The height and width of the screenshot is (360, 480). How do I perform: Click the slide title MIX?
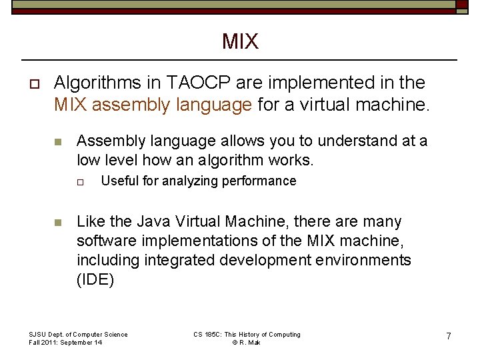coord(240,42)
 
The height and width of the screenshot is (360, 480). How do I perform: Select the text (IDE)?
coord(95,279)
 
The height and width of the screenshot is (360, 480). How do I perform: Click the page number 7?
coord(449,337)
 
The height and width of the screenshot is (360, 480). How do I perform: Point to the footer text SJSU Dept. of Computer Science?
coord(78,334)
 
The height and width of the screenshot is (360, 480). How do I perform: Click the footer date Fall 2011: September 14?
coord(65,342)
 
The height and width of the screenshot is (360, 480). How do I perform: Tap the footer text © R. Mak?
coord(246,342)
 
